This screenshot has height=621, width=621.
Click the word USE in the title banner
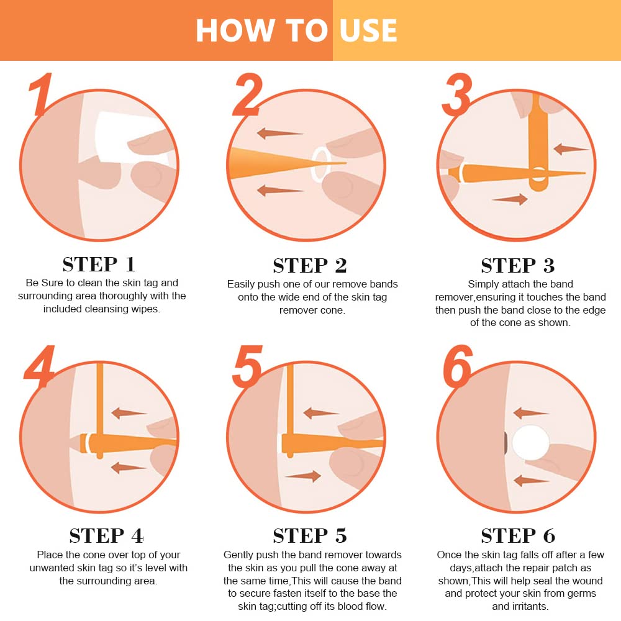point(368,30)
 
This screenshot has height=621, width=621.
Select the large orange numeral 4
point(39,366)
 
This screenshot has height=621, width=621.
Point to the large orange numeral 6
point(458,366)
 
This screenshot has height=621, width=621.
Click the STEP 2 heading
point(310,265)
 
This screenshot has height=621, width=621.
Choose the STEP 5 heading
point(310,535)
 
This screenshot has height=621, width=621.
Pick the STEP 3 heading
point(518,265)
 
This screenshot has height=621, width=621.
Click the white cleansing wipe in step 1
point(130,137)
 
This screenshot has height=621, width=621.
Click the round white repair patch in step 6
point(531,443)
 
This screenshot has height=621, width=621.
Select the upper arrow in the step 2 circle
point(279,133)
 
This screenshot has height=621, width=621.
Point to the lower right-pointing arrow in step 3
point(510,199)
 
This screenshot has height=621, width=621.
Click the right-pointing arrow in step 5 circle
point(303,476)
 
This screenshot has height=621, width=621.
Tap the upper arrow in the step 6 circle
point(531,414)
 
